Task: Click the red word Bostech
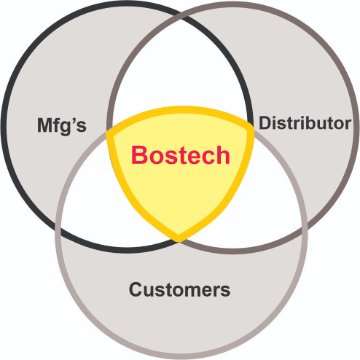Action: [x=181, y=155]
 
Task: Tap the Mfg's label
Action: [x=64, y=127]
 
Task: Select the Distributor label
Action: [x=304, y=123]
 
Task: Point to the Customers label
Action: [x=180, y=290]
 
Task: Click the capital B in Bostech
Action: [x=140, y=155]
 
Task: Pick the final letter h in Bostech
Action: [x=223, y=155]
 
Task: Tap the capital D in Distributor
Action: [x=265, y=123]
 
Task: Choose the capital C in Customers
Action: [x=136, y=290]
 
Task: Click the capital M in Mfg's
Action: [x=45, y=127]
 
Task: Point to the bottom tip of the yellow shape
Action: [x=179, y=239]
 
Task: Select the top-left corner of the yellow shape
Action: [x=107, y=124]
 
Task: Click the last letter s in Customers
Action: [x=226, y=291]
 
